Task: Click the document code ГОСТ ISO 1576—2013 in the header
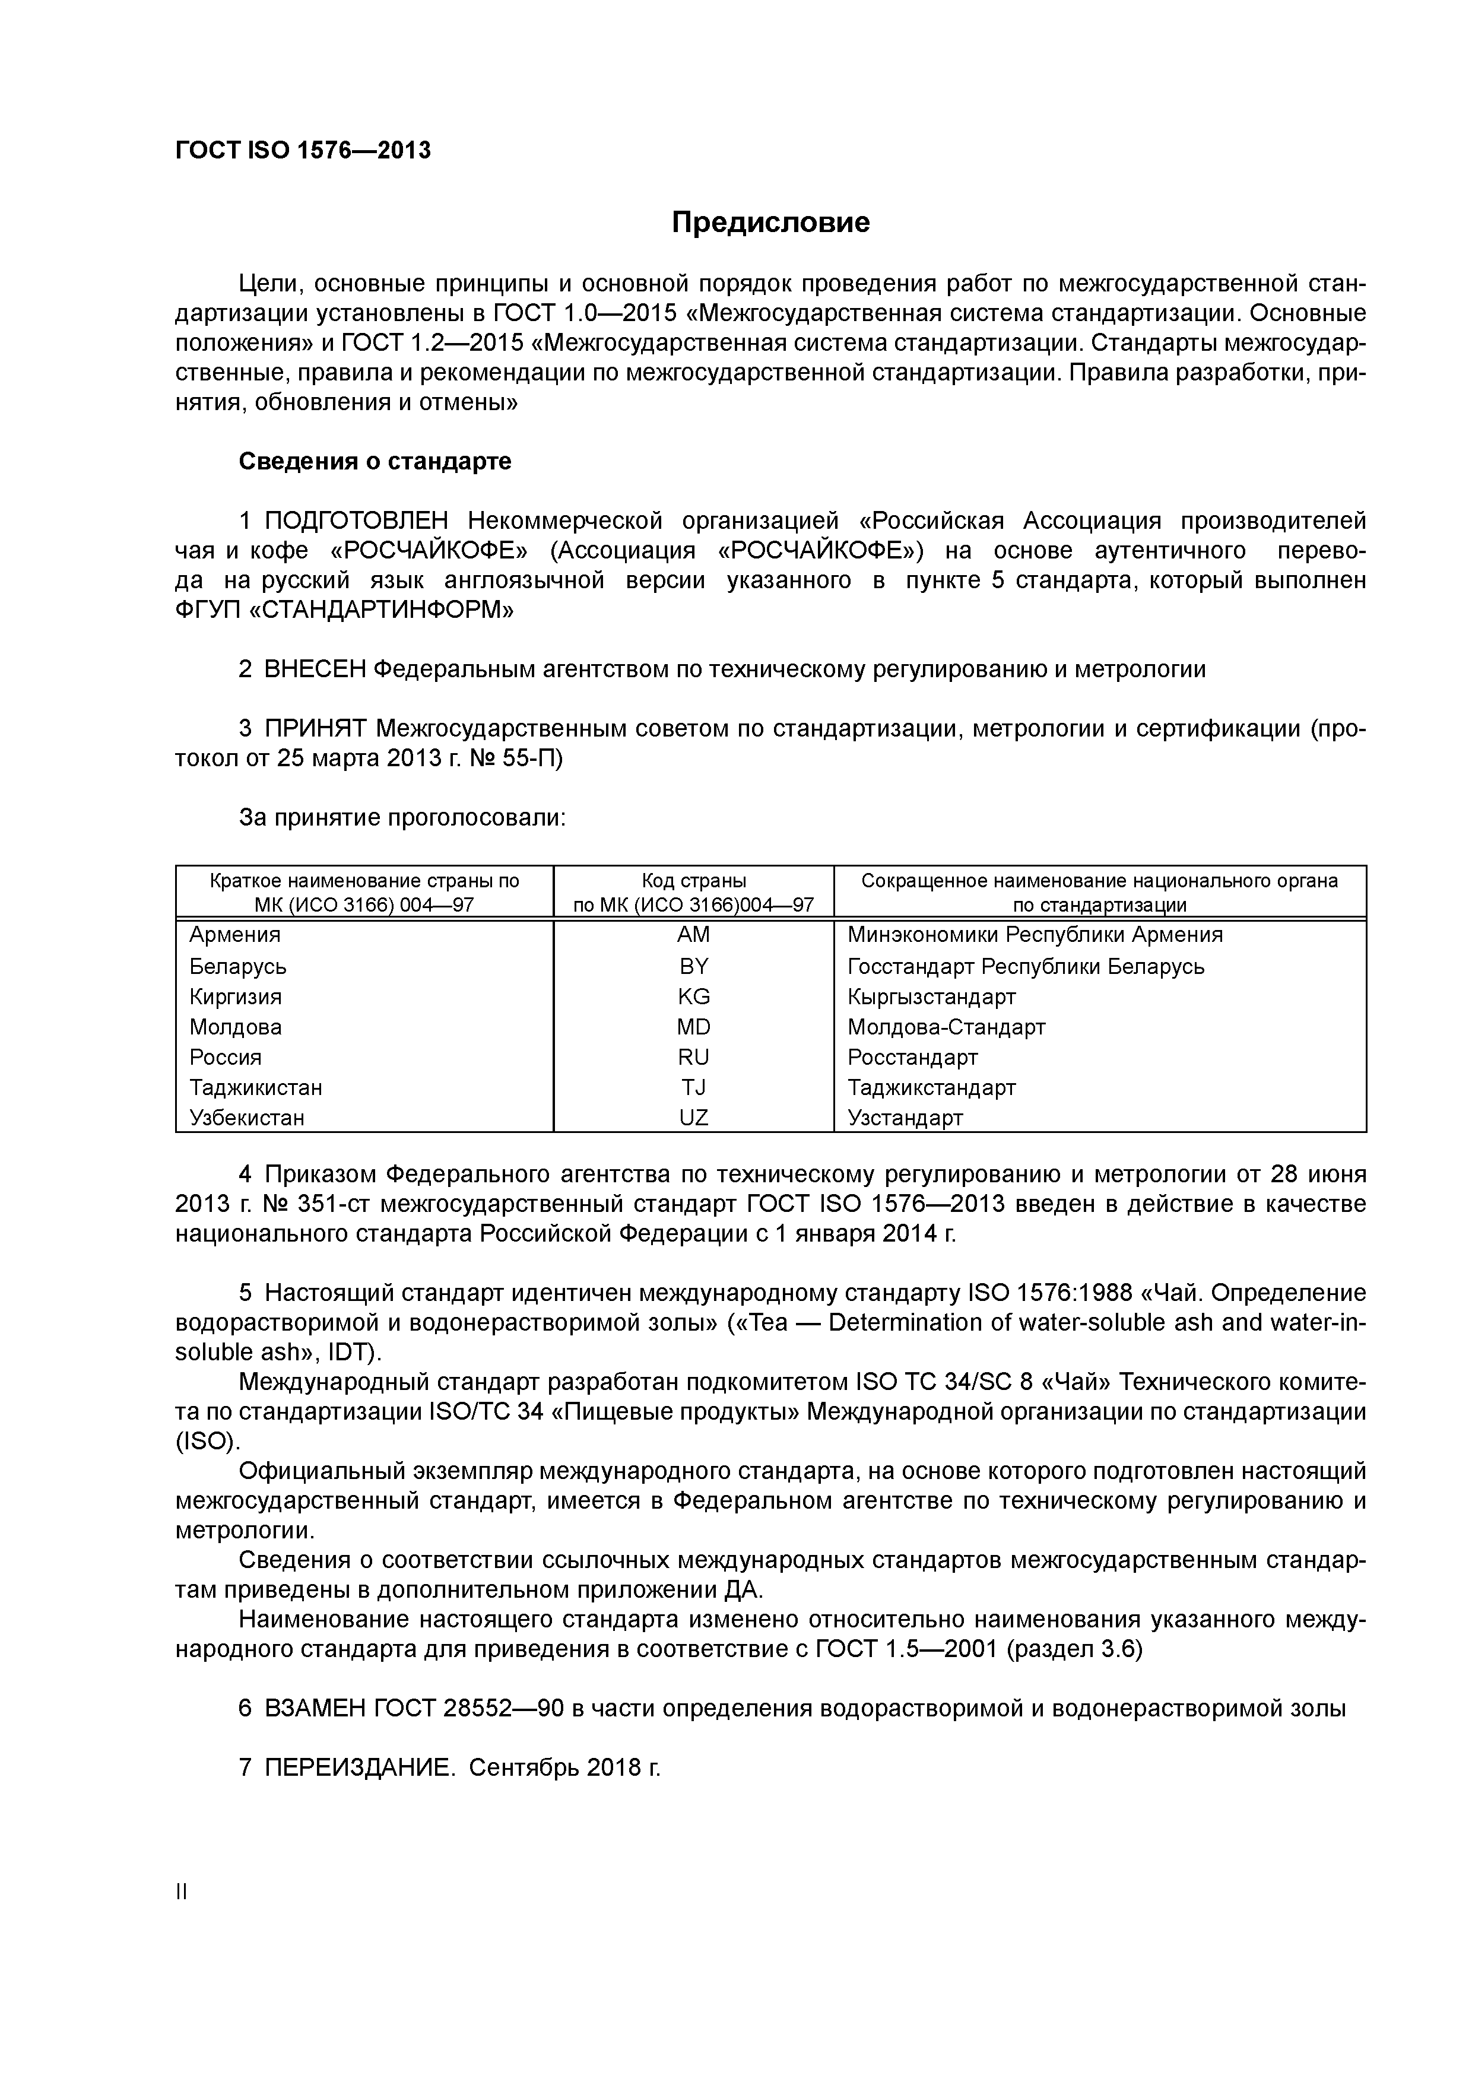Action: (x=303, y=151)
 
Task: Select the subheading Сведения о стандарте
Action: (x=375, y=462)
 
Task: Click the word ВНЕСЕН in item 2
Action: (x=315, y=670)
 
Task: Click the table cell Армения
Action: (x=235, y=935)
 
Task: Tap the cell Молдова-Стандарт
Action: (x=946, y=1027)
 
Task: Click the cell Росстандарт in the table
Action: (x=912, y=1058)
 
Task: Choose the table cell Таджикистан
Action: (x=256, y=1087)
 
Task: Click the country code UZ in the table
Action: (x=694, y=1119)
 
